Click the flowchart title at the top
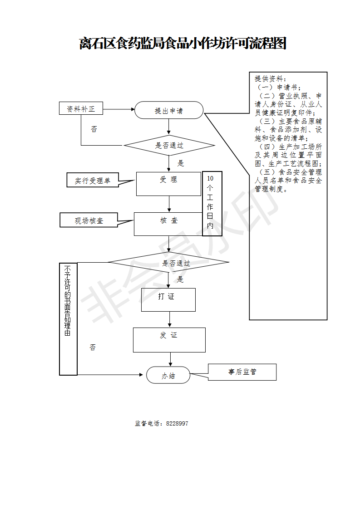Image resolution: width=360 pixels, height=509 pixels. [x=182, y=44]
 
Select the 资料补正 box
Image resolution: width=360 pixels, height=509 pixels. [x=81, y=109]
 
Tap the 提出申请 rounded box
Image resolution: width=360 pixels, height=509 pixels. [x=169, y=110]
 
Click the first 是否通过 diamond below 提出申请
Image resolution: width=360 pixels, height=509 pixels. [x=169, y=146]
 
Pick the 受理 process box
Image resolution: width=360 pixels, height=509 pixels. [x=168, y=183]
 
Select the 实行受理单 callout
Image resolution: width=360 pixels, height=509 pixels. [x=93, y=181]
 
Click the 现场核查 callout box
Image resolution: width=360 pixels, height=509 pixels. [x=89, y=220]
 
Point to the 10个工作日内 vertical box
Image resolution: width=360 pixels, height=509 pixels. [x=212, y=204]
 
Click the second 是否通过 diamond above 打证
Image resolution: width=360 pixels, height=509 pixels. [x=168, y=263]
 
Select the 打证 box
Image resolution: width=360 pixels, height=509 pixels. [x=168, y=299]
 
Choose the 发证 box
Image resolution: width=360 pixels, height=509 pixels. [x=169, y=340]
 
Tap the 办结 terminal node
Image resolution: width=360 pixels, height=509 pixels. [x=168, y=375]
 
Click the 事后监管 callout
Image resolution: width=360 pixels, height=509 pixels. [x=242, y=372]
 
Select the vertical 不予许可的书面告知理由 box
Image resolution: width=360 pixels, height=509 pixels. [x=68, y=319]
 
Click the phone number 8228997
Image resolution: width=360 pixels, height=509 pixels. [x=177, y=423]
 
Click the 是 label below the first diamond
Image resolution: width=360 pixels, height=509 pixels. [x=181, y=163]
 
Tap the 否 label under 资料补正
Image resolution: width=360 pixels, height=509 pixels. [x=94, y=129]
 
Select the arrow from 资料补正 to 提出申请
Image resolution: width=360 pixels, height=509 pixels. [x=118, y=109]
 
